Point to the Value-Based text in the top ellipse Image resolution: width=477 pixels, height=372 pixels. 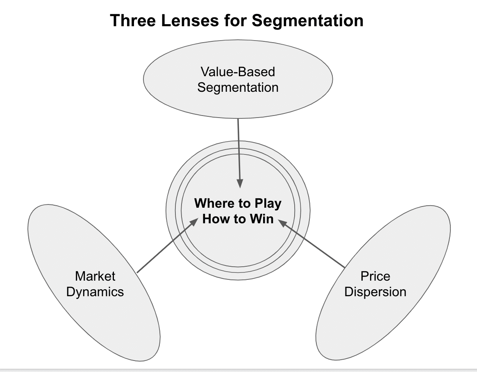(238, 72)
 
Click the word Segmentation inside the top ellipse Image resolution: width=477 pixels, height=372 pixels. (238, 87)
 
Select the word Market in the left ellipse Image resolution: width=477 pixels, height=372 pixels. (95, 276)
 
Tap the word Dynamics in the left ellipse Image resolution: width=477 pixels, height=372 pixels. (95, 292)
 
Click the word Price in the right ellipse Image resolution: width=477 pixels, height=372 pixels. (375, 276)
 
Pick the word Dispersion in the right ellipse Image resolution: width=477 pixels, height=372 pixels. (375, 292)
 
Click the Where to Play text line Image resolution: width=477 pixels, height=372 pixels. (238, 203)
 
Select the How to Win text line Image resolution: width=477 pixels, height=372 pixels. (238, 219)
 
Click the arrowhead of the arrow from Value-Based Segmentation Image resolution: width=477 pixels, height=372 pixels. (240, 184)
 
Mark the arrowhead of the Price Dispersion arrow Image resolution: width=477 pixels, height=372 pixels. (282, 223)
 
